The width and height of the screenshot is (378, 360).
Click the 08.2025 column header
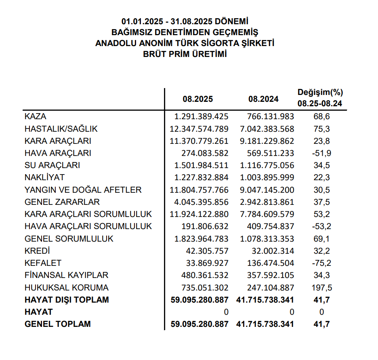(x=197, y=99)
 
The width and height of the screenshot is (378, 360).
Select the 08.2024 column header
(x=263, y=99)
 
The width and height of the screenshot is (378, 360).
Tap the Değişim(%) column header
(x=320, y=93)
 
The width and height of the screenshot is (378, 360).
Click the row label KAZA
(x=36, y=116)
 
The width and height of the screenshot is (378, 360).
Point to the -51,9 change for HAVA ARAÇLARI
(x=321, y=153)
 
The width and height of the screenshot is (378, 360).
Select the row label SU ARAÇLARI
(x=52, y=165)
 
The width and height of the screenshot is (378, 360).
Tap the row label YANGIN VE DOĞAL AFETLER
(x=83, y=190)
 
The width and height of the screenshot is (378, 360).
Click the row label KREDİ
(x=37, y=251)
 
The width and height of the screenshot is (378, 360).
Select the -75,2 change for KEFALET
(x=321, y=263)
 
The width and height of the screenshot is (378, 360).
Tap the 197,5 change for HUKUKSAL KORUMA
(x=321, y=288)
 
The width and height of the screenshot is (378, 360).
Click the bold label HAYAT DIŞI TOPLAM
(x=67, y=300)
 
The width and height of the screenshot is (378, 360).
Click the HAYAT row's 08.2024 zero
(x=292, y=312)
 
